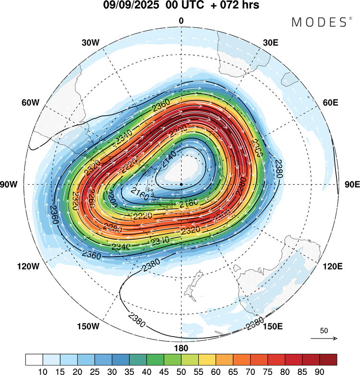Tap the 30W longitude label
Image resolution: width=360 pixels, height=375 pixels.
[90, 43]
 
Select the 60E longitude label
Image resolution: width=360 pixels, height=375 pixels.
[331, 103]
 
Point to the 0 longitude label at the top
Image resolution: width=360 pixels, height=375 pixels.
[181, 20]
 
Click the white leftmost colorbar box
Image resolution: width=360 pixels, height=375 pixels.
[34, 359]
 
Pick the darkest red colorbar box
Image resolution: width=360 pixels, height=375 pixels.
[327, 359]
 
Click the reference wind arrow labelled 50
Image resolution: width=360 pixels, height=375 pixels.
[324, 338]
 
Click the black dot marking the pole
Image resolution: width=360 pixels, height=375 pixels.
[181, 184]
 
